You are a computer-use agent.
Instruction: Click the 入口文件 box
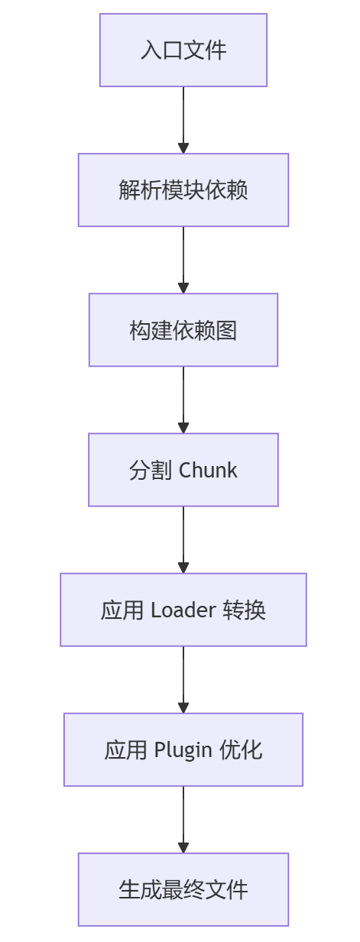pyautogui.click(x=183, y=50)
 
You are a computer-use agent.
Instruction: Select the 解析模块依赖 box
pyautogui.click(x=183, y=190)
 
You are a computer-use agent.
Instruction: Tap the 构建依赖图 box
pyautogui.click(x=183, y=330)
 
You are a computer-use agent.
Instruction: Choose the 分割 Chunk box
pyautogui.click(x=183, y=470)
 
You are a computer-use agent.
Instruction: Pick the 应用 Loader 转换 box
pyautogui.click(x=183, y=610)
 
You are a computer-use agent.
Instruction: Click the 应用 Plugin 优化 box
pyautogui.click(x=183, y=749)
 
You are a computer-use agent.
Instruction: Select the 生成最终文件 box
pyautogui.click(x=183, y=889)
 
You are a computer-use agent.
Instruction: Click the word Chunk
pyautogui.click(x=208, y=470)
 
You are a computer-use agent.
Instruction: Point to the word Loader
pyautogui.click(x=183, y=610)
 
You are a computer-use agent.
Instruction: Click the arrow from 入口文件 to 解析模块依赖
pyautogui.click(x=183, y=120)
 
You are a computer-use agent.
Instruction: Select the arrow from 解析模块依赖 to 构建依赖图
pyautogui.click(x=183, y=261)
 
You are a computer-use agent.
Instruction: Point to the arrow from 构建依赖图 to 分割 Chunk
pyautogui.click(x=183, y=400)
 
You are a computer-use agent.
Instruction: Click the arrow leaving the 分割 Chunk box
pyautogui.click(x=183, y=540)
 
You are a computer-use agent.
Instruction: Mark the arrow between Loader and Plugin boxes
pyautogui.click(x=183, y=680)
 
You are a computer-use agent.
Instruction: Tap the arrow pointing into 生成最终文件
pyautogui.click(x=183, y=820)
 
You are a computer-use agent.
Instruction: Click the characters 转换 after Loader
pyautogui.click(x=245, y=610)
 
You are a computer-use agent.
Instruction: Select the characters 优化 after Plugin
pyautogui.click(x=241, y=749)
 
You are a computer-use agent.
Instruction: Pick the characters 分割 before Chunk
pyautogui.click(x=150, y=470)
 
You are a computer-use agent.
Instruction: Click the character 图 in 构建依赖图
pyautogui.click(x=226, y=330)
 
